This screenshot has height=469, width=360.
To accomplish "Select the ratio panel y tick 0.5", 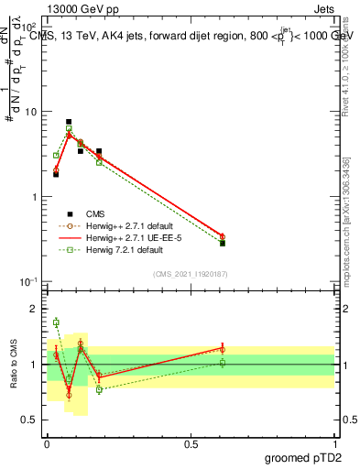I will tap(31, 420).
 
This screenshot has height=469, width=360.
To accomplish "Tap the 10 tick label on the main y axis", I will tap(30, 112).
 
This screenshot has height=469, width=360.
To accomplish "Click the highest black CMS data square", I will tap(69, 122).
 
